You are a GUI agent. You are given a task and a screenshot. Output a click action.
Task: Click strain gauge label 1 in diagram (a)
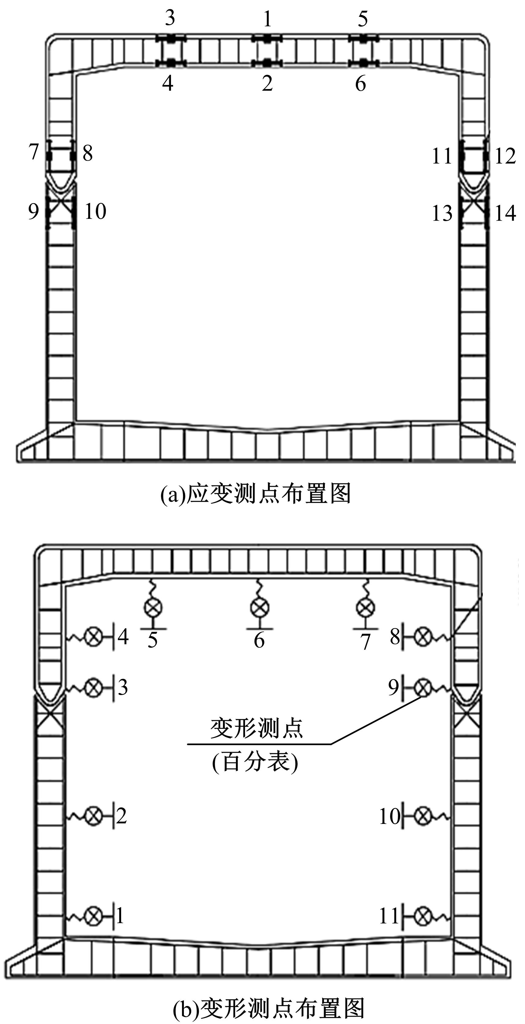267,19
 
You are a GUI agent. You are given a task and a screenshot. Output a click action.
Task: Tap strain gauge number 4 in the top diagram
168,84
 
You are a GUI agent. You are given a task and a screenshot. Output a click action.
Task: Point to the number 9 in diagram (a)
34,211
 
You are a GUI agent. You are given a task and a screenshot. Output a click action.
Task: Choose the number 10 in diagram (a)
95,211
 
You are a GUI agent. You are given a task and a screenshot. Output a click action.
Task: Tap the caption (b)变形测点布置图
269,1008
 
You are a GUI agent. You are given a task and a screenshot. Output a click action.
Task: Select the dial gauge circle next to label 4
94,638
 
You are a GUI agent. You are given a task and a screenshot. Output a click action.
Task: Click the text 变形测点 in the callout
257,728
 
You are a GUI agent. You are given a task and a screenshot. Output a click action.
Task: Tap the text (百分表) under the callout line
255,762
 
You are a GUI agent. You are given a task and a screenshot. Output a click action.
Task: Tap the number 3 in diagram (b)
123,687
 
